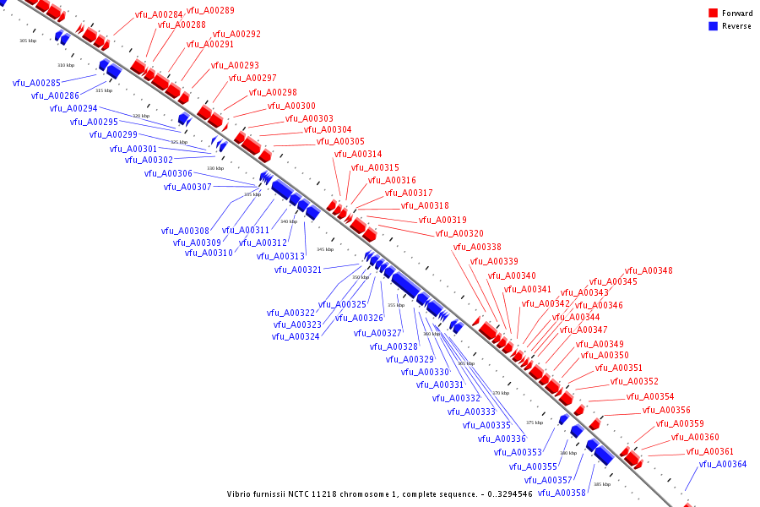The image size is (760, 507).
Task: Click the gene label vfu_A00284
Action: [x=159, y=15]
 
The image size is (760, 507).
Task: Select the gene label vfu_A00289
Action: [x=210, y=10]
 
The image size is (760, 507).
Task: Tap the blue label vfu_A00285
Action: [x=36, y=83]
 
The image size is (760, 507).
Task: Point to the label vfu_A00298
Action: [x=273, y=92]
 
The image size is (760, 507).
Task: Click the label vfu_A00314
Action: [x=358, y=154]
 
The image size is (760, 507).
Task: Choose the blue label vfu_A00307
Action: [x=187, y=187]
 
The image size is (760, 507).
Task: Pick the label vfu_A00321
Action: [x=298, y=270]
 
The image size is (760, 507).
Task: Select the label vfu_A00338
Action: [x=477, y=247]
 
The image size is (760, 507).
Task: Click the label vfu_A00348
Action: [x=649, y=270]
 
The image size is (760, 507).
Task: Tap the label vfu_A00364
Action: [x=723, y=464]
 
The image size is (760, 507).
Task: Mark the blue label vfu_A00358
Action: [x=562, y=493]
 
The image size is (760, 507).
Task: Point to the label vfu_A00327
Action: [x=377, y=333]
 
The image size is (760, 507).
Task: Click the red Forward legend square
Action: [x=713, y=14]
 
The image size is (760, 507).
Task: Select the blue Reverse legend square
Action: [x=713, y=26]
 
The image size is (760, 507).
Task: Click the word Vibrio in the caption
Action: [x=240, y=493]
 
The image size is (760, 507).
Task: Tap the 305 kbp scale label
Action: [x=28, y=41]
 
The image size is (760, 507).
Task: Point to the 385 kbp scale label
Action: [x=602, y=484]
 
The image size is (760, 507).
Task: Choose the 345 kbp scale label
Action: [x=325, y=249]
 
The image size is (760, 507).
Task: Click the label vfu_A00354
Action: [x=650, y=396]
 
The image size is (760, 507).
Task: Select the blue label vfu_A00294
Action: [x=73, y=108]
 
